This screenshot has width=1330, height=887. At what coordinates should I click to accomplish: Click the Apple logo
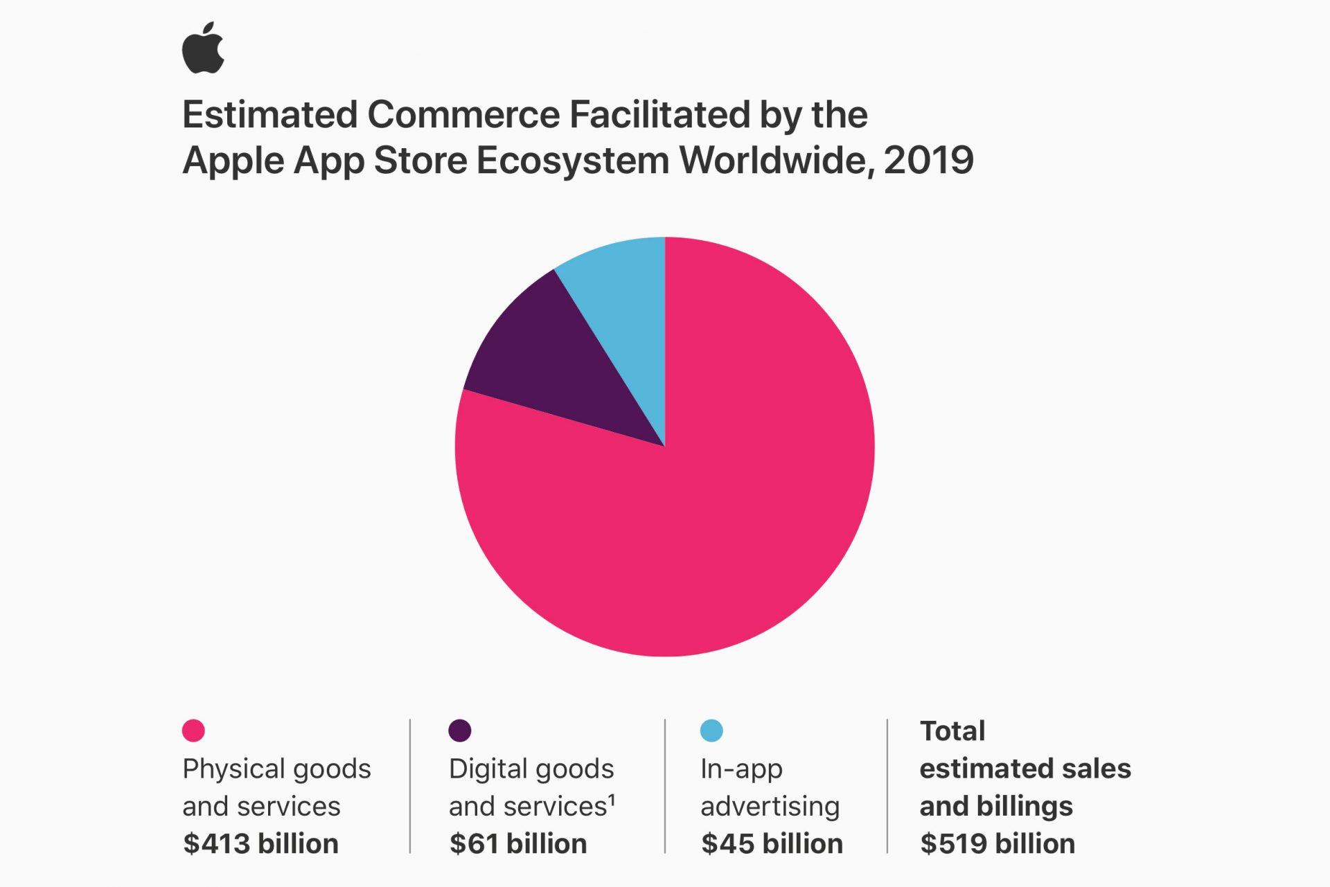(203, 48)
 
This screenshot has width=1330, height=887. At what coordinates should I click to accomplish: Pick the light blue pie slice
(623, 298)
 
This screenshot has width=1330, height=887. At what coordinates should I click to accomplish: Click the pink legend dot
(193, 731)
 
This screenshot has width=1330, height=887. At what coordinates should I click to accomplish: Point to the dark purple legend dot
(460, 731)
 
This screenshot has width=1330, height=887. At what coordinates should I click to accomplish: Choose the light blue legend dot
(711, 731)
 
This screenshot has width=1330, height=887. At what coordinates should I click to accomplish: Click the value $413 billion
(260, 844)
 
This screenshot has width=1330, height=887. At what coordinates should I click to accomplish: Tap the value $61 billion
(518, 844)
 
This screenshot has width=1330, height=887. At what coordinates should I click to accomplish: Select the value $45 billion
(772, 844)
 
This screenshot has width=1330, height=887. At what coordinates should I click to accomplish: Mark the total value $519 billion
(997, 844)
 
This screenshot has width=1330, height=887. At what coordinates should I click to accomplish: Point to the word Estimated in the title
(270, 115)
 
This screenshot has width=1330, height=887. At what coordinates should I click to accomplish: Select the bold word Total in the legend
(952, 731)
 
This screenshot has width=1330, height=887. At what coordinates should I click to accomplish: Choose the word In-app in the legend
(741, 769)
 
